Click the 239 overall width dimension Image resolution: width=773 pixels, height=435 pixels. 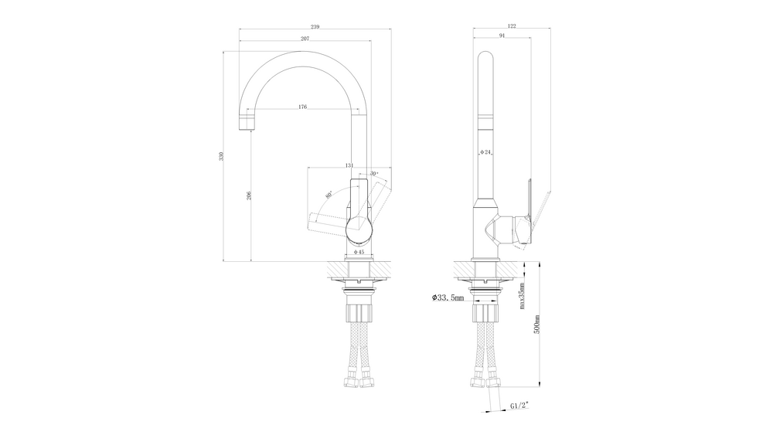coord(315,27)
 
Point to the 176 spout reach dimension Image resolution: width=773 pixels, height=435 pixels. coord(303,107)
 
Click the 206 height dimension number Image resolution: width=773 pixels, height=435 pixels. coord(249,195)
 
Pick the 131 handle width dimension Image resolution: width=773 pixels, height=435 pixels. coord(349,165)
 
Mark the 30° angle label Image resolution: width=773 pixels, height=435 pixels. coord(374,173)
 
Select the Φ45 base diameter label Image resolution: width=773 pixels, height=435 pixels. coord(359,252)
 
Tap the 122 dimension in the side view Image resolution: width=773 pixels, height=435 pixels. coord(512,27)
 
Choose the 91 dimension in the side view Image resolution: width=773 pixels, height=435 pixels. coord(502,36)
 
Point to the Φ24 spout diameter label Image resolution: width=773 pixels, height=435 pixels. coord(486,153)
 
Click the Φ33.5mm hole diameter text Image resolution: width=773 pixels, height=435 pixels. coord(448,297)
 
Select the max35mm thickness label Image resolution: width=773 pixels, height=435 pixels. coord(523,295)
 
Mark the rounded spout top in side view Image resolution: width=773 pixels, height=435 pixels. coord(486,59)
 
